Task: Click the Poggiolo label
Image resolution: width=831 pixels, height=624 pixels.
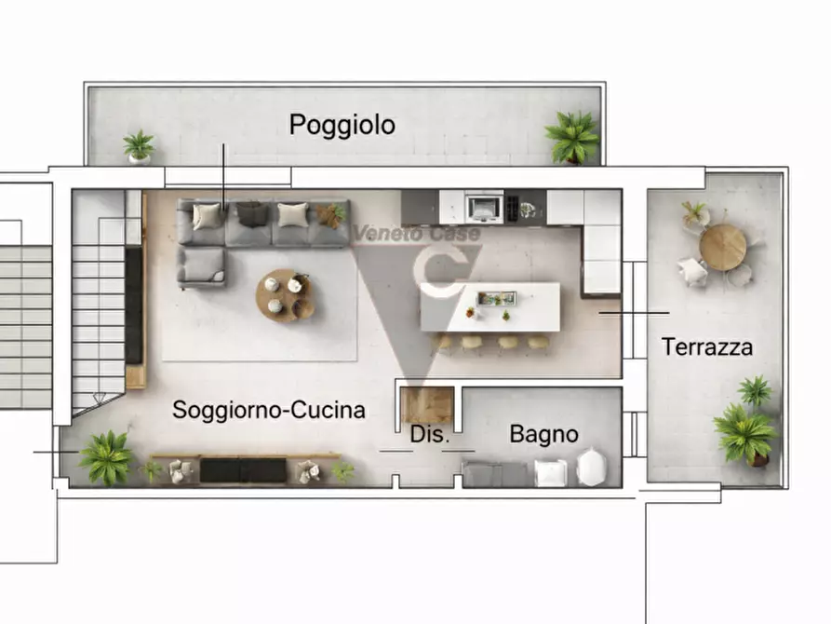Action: tap(342, 125)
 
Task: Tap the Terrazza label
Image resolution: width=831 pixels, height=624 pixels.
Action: tap(707, 347)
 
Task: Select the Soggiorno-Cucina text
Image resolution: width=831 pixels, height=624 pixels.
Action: tap(268, 410)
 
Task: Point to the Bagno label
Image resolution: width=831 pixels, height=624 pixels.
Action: tap(543, 434)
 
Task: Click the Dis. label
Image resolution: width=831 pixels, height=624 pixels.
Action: tap(430, 434)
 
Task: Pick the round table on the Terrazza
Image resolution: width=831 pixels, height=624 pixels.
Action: tap(723, 248)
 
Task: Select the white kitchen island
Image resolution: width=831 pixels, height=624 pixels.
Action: tap(490, 307)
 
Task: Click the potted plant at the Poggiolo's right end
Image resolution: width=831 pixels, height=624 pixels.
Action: tap(572, 138)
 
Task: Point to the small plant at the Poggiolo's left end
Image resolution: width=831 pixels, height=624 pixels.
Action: tap(140, 146)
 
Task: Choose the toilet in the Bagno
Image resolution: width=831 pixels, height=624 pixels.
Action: tap(591, 467)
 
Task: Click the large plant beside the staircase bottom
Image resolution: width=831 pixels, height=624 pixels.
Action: tap(106, 457)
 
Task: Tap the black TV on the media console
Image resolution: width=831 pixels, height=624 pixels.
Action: tap(243, 470)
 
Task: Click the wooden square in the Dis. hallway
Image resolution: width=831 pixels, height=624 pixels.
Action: tap(427, 405)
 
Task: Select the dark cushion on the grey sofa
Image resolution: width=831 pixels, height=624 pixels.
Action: tap(252, 214)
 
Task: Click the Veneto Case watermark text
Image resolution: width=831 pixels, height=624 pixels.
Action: tap(417, 236)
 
